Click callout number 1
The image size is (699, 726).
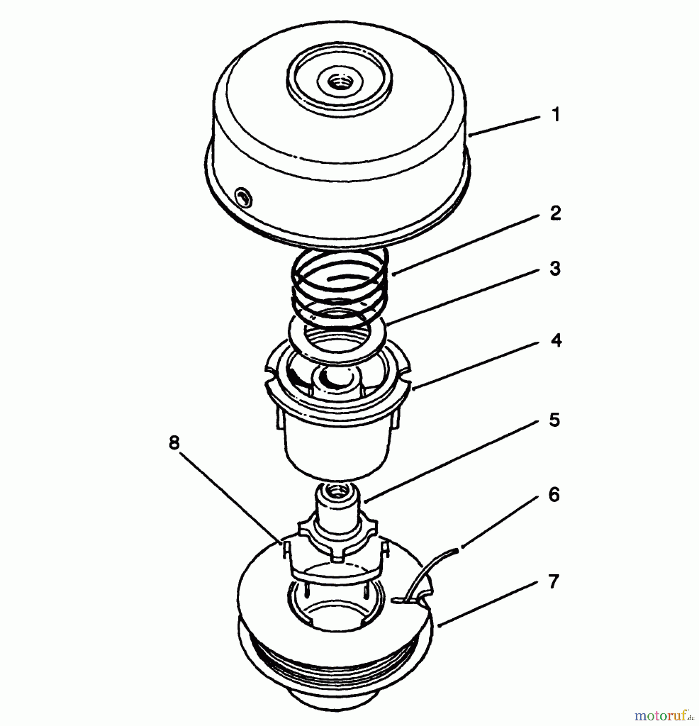click(x=556, y=115)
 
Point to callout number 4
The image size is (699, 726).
click(x=556, y=341)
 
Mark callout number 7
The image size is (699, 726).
click(x=553, y=582)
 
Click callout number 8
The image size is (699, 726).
click(x=174, y=443)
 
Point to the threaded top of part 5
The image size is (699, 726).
click(x=335, y=491)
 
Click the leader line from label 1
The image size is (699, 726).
click(x=504, y=126)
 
